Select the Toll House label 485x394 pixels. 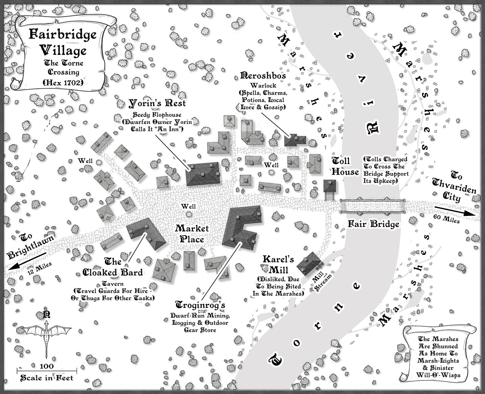345,166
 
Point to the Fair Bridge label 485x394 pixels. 374,224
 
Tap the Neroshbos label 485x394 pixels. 263,75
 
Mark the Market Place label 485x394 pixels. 192,234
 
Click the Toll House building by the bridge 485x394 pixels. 330,188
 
